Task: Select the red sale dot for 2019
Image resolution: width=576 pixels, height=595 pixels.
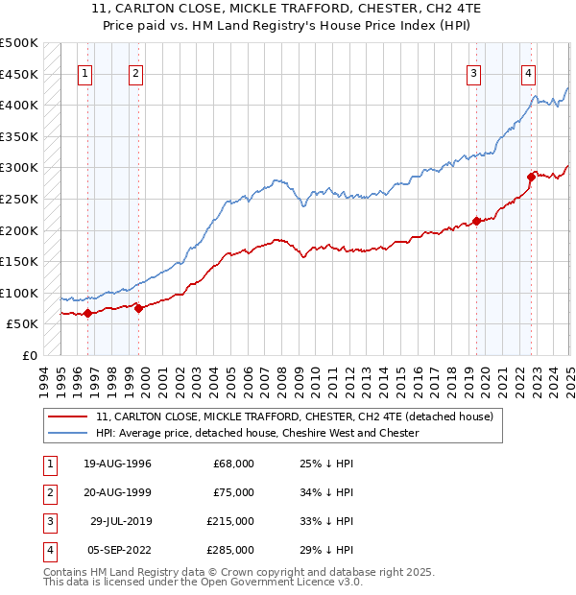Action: click(x=476, y=222)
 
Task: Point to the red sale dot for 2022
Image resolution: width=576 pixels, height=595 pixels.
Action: click(x=531, y=177)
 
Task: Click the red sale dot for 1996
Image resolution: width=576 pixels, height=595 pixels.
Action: click(x=87, y=313)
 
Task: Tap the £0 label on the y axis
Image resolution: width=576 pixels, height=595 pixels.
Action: click(x=29, y=355)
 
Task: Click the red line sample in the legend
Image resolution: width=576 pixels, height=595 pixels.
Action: click(x=68, y=416)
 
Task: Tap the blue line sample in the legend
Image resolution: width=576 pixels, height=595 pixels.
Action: click(x=68, y=433)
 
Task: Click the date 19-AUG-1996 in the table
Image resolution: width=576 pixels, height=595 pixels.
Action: click(x=118, y=464)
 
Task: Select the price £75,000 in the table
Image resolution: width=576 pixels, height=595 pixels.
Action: click(x=233, y=492)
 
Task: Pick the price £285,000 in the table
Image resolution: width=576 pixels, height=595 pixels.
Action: click(x=230, y=550)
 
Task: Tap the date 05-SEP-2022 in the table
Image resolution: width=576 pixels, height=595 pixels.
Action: click(x=117, y=550)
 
